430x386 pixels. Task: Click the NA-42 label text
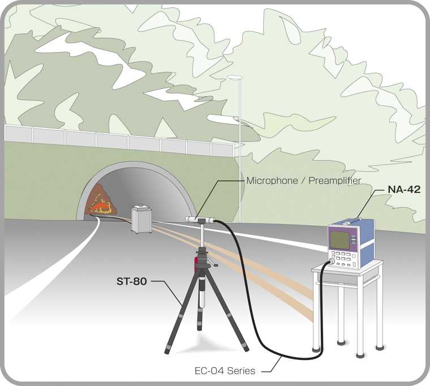[404, 189]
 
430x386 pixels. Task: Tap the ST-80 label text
[132, 281]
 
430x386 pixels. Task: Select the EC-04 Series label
[225, 371]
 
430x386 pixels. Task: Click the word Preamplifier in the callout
[335, 181]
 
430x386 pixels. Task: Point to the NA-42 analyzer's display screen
[340, 240]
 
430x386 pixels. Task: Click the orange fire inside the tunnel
[100, 205]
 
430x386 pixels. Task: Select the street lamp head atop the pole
[234, 78]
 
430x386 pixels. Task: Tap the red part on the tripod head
[196, 264]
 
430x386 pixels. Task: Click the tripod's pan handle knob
[216, 265]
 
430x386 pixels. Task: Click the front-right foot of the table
[360, 355]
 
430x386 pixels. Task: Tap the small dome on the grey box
[141, 205]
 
